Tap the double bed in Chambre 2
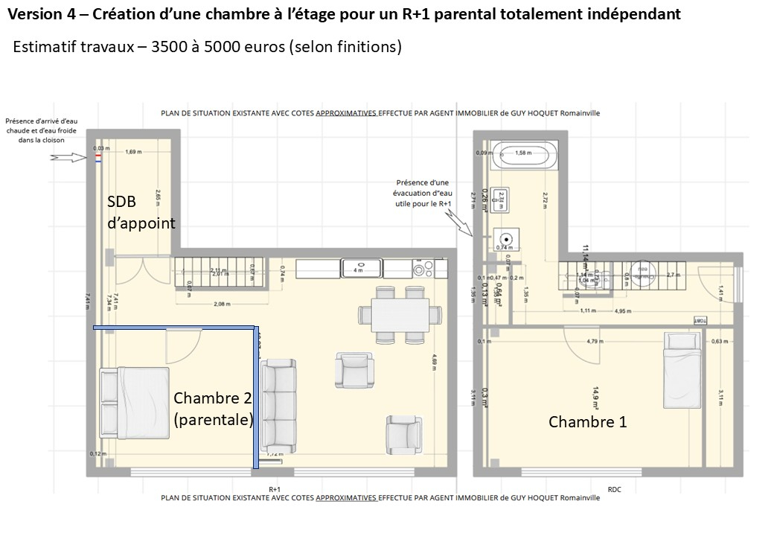coord(134,402)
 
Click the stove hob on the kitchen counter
coord(422,268)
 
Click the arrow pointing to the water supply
coord(65,157)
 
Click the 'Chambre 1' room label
coord(587,422)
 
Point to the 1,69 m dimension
coord(134,152)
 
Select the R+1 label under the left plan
coord(275,489)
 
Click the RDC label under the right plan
coord(614,489)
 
